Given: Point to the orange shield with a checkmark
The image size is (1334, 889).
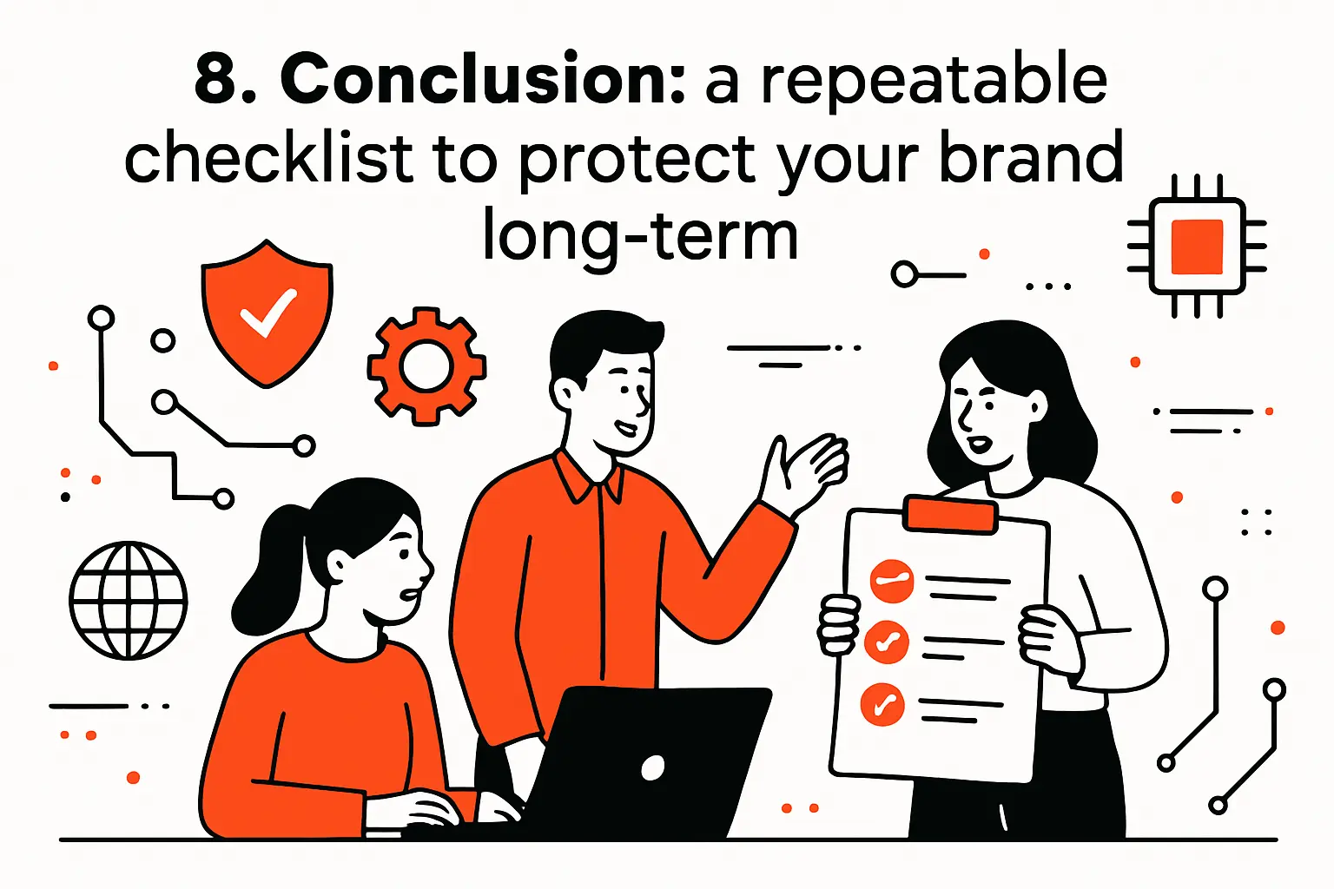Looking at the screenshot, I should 267,313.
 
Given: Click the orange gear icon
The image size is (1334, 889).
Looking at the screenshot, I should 426,366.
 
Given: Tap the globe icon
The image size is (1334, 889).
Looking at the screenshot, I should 129,601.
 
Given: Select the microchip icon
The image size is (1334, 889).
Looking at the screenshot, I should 1197,247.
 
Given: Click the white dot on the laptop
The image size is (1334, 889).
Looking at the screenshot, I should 652,767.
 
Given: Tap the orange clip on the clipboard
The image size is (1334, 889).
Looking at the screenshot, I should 949,515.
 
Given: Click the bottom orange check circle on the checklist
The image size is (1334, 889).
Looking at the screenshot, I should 882,704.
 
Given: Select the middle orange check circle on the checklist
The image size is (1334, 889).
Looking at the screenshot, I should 887,642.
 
